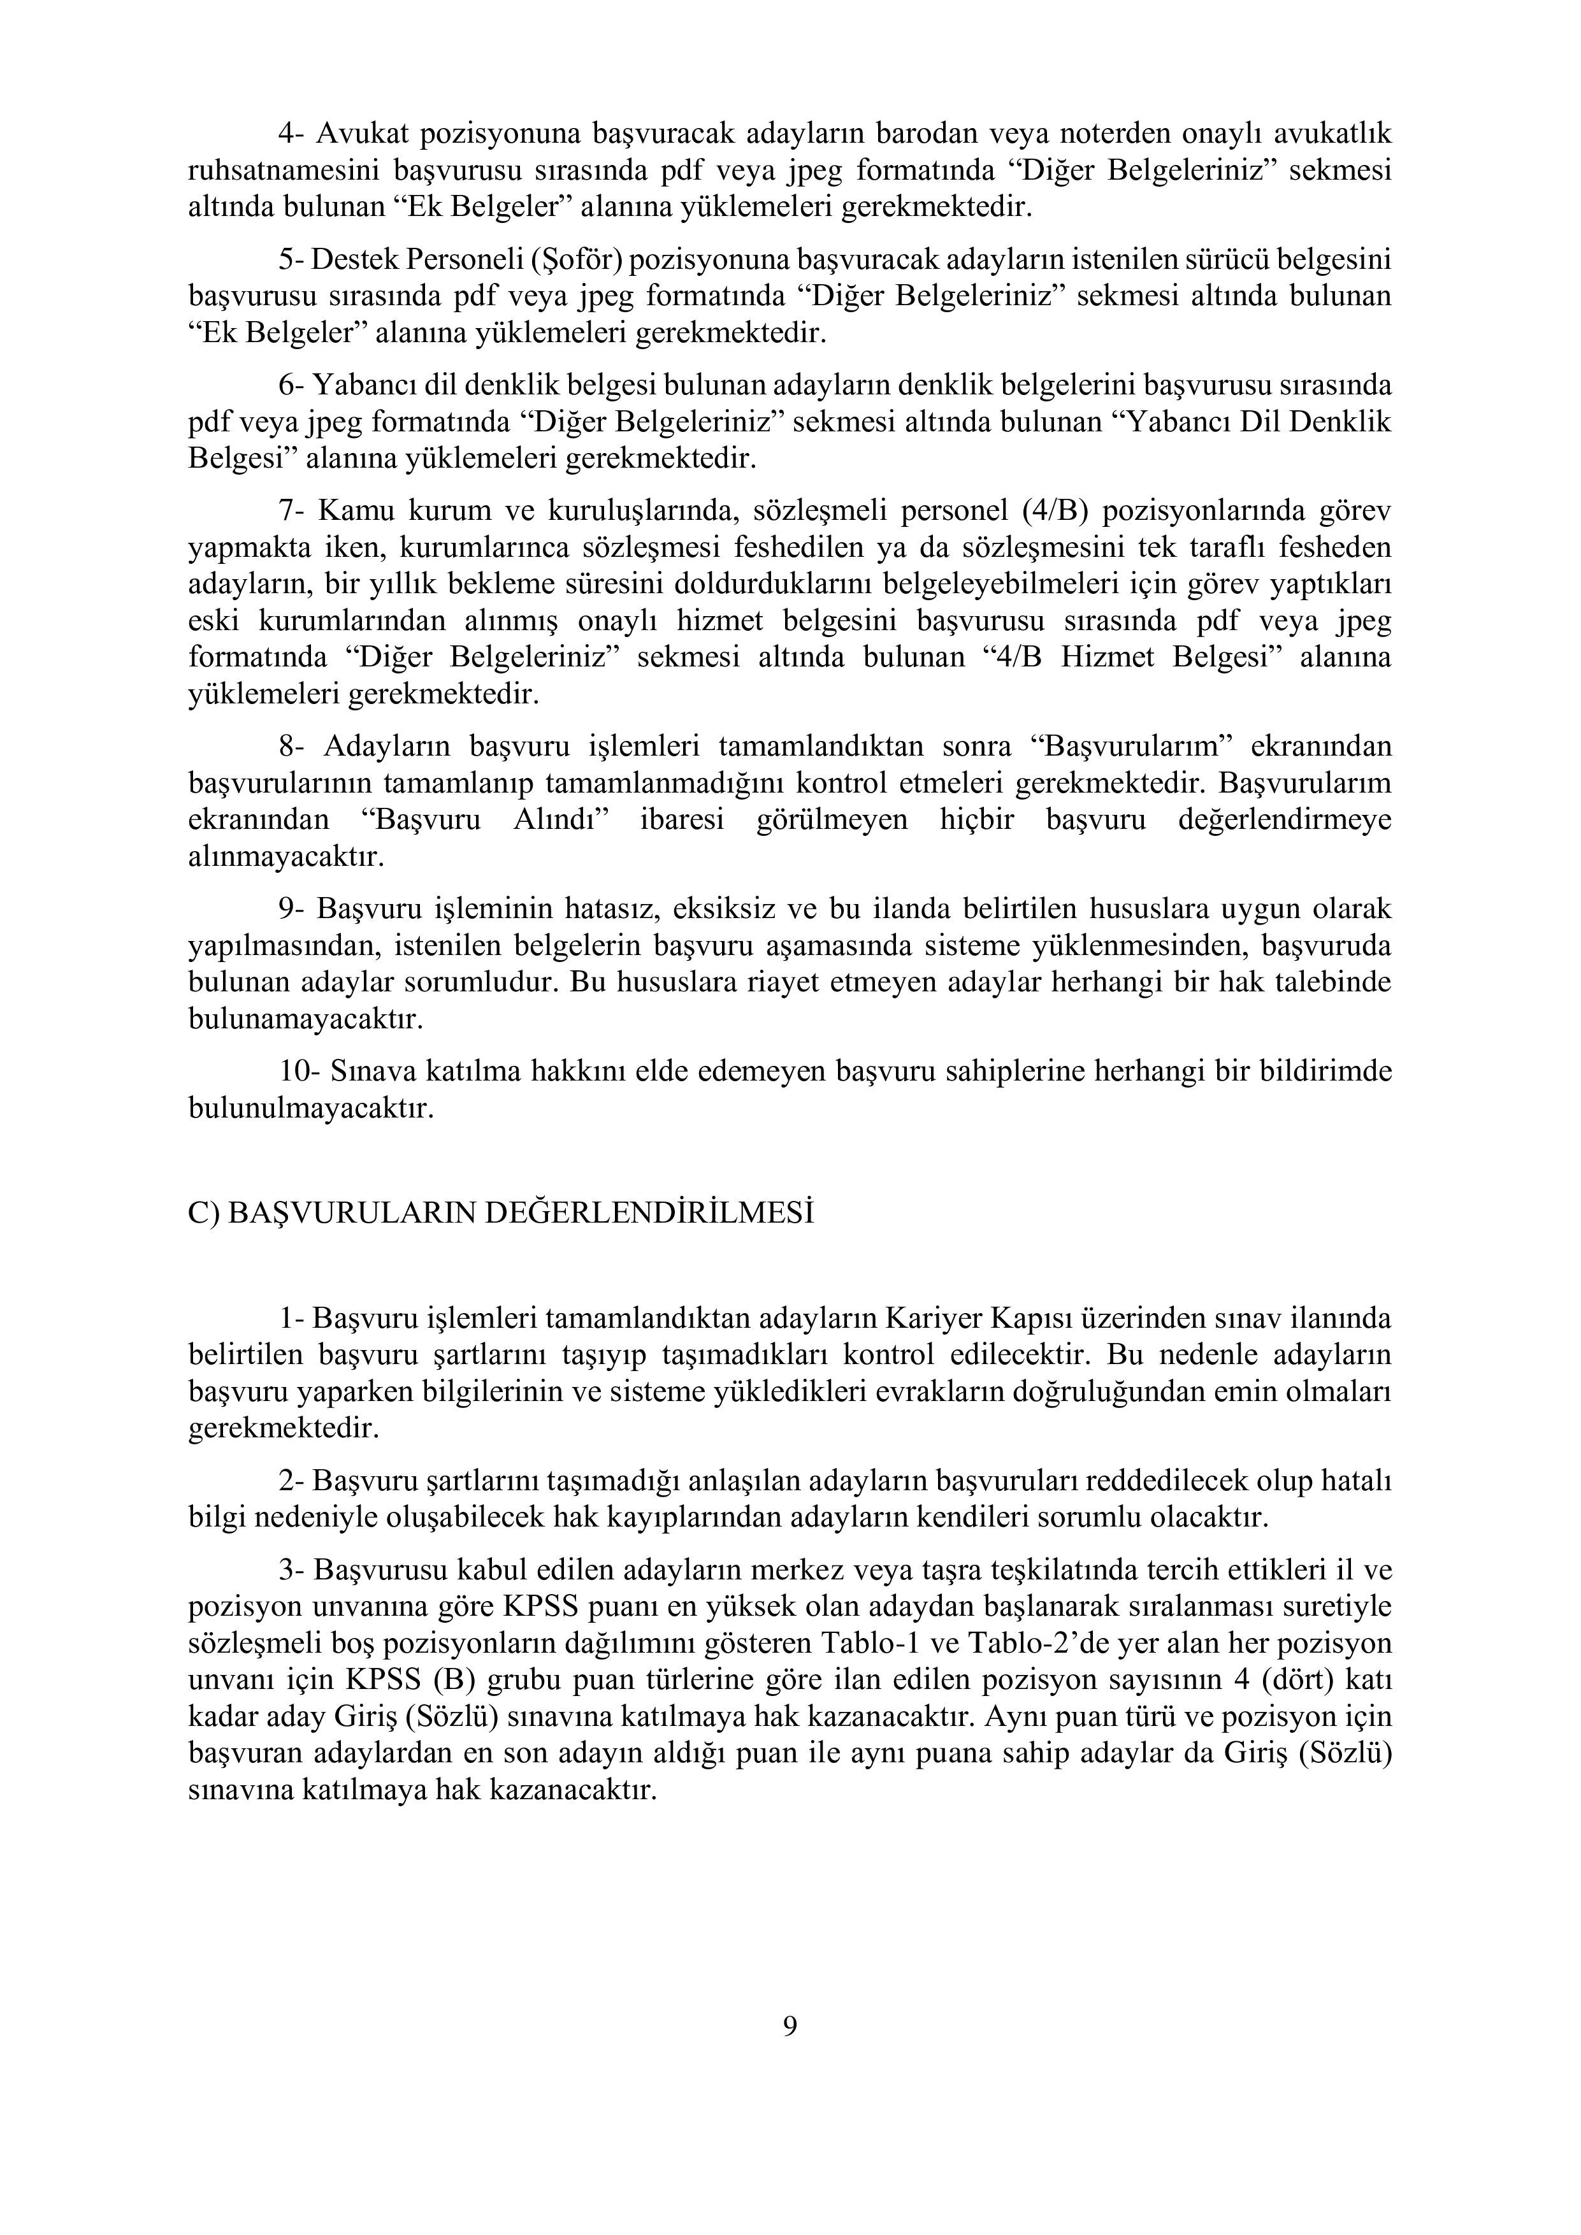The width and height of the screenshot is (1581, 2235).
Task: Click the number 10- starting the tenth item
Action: tap(298, 1072)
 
